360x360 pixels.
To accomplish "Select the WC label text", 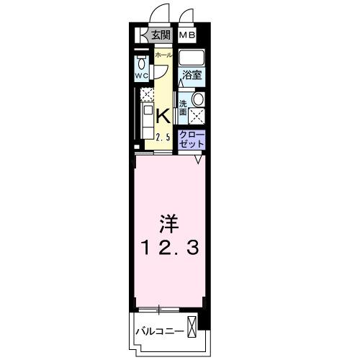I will coord(141,76).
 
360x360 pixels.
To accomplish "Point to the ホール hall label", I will coord(163,55).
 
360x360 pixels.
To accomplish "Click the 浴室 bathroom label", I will coord(191,75).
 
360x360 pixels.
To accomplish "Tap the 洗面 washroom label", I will coord(184,107).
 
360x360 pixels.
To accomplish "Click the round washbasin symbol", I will coord(198,100).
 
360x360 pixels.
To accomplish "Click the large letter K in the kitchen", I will coord(163,115).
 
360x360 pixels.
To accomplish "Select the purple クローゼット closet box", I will coord(192,138).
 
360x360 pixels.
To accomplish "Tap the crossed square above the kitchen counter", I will coord(146,94).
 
